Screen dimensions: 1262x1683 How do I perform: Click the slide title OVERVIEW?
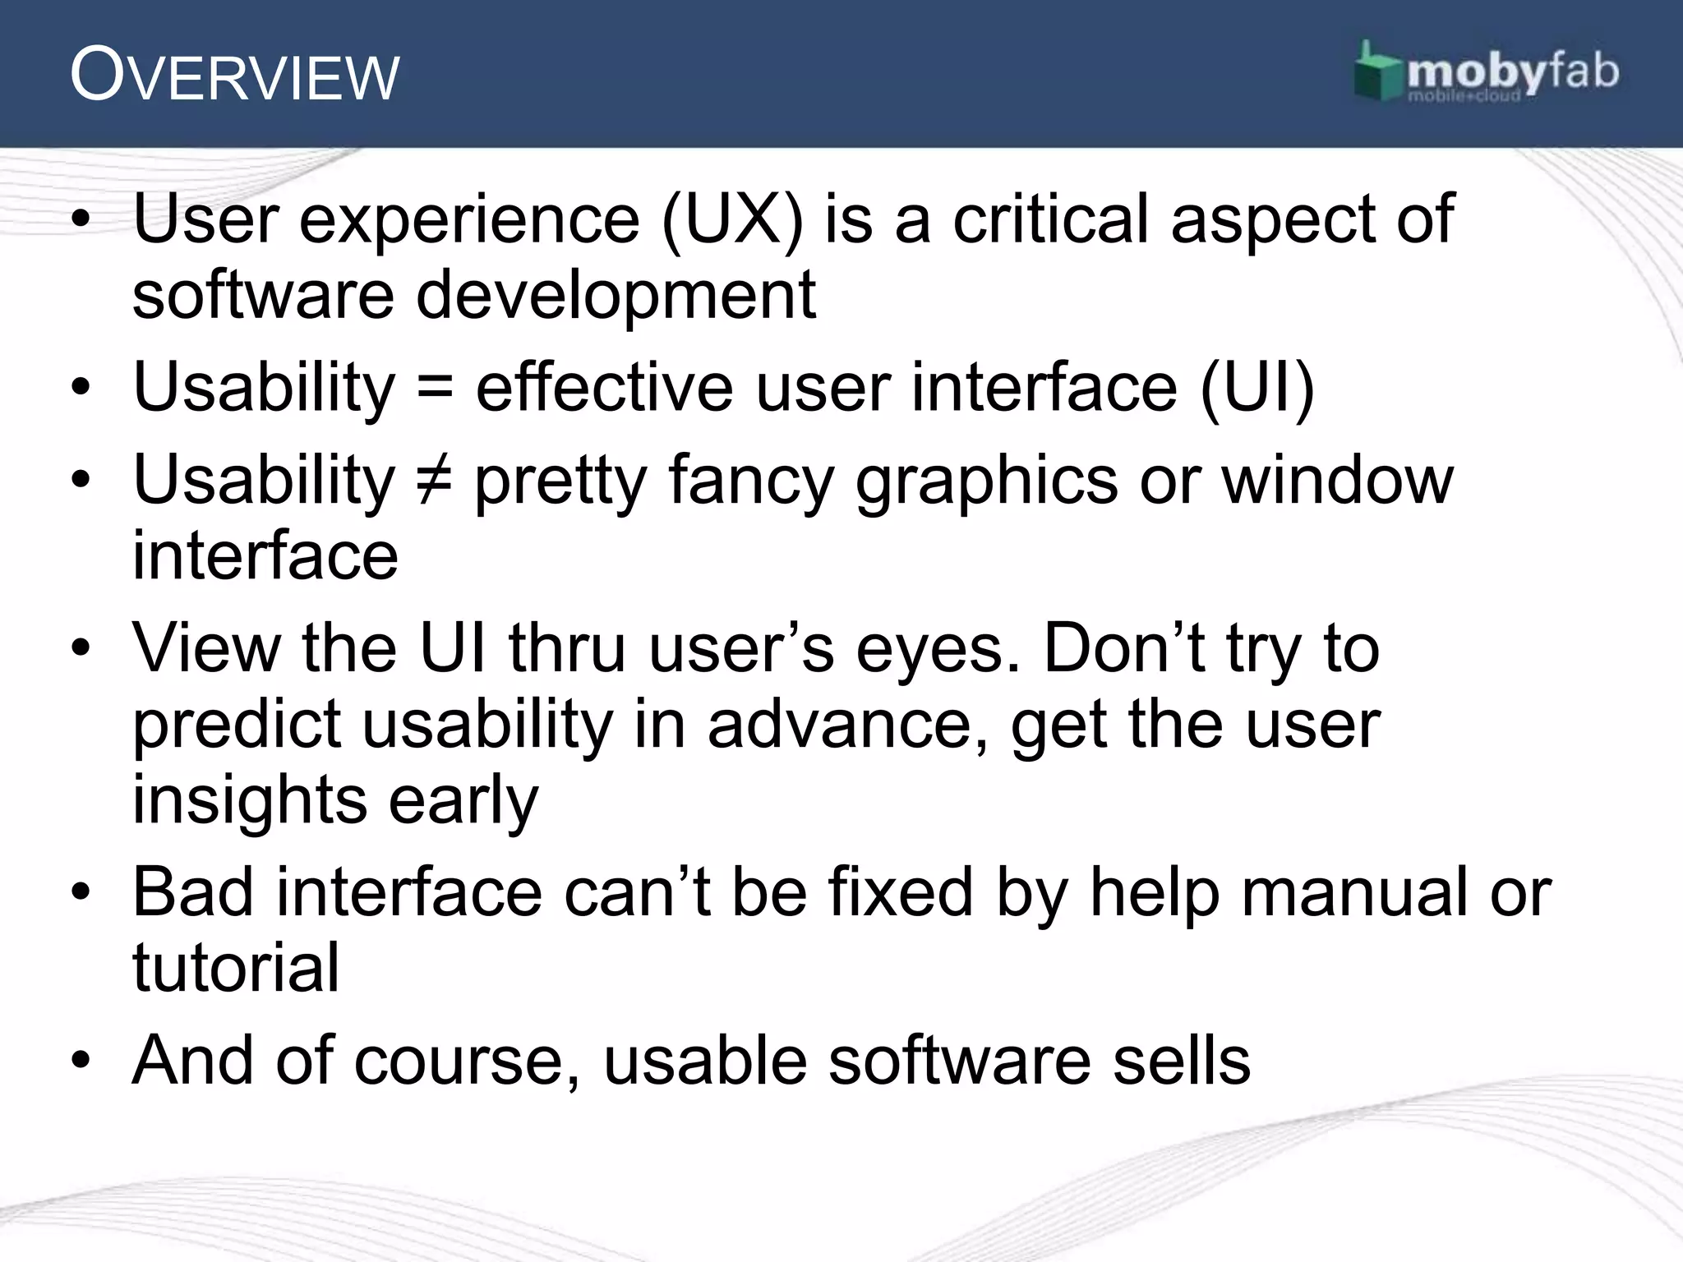click(x=234, y=76)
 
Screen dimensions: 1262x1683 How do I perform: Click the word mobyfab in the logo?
click(x=1512, y=72)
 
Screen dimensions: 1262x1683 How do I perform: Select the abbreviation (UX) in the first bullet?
click(x=731, y=219)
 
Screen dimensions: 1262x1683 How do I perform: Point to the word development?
click(x=616, y=296)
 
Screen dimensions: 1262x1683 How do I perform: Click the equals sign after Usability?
click(x=435, y=388)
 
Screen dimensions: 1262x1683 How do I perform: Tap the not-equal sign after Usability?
click(x=435, y=480)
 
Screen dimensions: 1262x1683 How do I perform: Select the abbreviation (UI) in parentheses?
click(x=1257, y=388)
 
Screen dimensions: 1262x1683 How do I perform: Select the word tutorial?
click(x=236, y=968)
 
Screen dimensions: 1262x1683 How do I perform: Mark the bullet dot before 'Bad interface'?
click(x=80, y=893)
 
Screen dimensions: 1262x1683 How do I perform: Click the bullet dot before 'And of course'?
click(x=80, y=1061)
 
